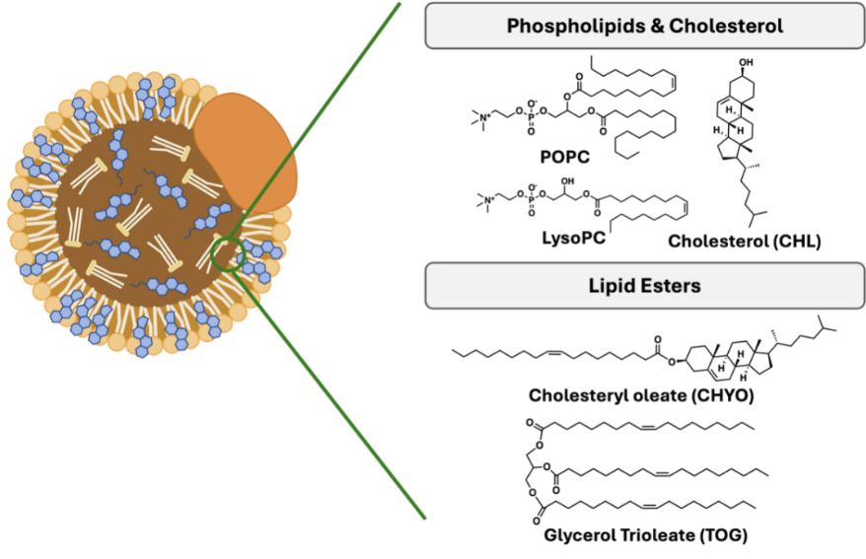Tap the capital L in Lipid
point(594,286)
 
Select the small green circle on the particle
point(227,254)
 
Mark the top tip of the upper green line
point(400,4)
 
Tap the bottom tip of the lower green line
point(425,518)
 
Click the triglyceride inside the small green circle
point(225,254)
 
